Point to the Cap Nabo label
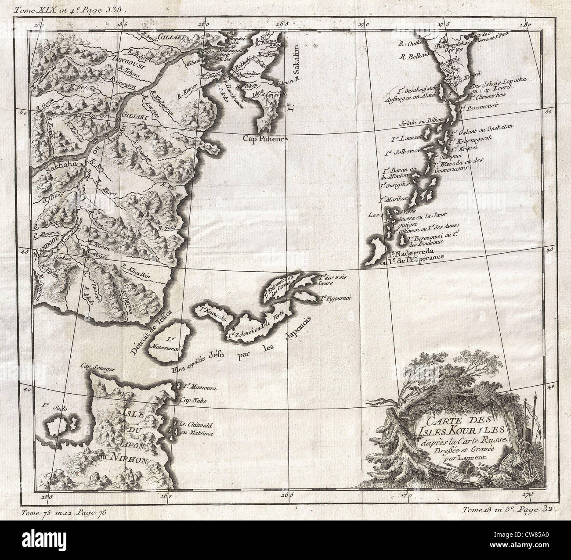190,400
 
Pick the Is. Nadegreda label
412,253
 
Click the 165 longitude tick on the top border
283,24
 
